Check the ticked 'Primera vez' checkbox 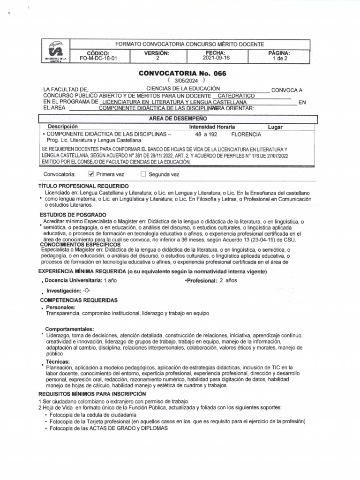tap(91, 174)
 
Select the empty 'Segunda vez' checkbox tap(143, 174)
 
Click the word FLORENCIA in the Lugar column tap(246, 134)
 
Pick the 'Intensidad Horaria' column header tap(212, 127)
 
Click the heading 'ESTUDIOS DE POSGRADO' tap(73, 215)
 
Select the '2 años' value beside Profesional tap(229, 280)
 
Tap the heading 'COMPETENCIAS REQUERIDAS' tap(79, 300)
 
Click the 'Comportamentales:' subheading tap(69, 329)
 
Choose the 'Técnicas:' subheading tap(58, 361)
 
